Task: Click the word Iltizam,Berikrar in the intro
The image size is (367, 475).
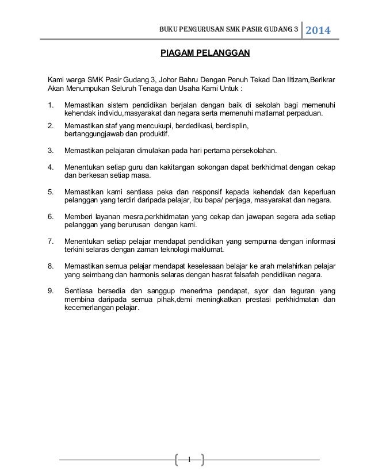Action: (x=314, y=78)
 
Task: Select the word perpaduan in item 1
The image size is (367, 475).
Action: (x=305, y=114)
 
